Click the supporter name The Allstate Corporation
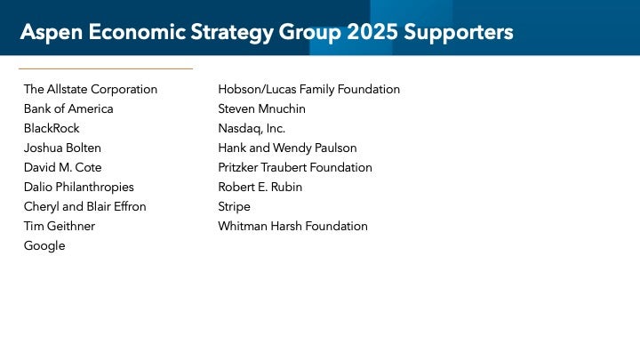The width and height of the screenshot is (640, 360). (91, 90)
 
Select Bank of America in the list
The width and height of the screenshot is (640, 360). (68, 109)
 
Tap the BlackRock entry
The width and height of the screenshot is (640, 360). (52, 129)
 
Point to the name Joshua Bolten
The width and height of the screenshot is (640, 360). (62, 148)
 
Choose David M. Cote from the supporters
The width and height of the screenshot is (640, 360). (63, 168)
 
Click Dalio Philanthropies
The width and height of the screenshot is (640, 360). (79, 188)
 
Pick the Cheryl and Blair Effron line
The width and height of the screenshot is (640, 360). (85, 207)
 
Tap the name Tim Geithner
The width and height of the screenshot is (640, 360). (60, 227)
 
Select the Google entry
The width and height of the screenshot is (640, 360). (44, 246)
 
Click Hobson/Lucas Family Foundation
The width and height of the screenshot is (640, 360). (309, 90)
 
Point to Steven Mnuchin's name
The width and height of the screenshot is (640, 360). (262, 109)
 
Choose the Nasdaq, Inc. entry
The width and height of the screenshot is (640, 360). (252, 129)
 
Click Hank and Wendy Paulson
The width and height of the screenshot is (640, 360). (288, 148)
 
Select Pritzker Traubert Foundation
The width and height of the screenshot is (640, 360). (295, 168)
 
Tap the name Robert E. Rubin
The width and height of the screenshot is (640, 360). (260, 188)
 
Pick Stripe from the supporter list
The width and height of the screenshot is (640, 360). (235, 207)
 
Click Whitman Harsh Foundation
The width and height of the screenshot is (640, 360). (293, 227)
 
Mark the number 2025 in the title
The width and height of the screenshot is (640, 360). (372, 32)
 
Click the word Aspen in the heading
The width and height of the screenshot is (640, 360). (52, 33)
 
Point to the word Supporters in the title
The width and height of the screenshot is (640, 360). (459, 33)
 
